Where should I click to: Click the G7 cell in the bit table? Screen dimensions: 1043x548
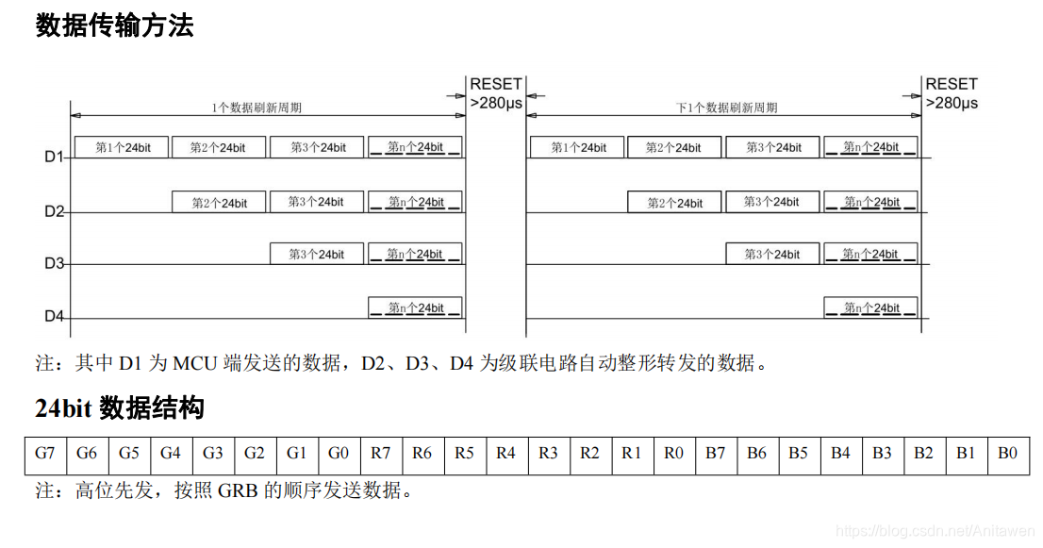click(x=45, y=453)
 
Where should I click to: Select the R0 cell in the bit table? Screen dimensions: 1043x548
click(x=673, y=453)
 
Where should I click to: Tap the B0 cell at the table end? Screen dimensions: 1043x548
click(x=1007, y=453)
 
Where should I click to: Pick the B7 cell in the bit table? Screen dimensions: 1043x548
click(x=716, y=453)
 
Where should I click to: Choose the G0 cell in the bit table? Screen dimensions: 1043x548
click(x=339, y=453)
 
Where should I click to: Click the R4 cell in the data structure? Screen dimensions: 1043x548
click(x=505, y=453)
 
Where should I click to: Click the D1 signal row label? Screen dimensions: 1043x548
click(x=53, y=157)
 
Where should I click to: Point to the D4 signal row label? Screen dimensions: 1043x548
click(x=53, y=317)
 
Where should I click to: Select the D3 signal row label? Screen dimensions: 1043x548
click(x=53, y=263)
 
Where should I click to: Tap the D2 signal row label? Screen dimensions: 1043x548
click(x=53, y=210)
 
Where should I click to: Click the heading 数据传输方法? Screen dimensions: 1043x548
click(x=114, y=25)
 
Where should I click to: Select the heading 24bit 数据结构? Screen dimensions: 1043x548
click(x=119, y=408)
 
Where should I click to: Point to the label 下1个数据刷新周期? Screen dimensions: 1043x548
click(x=726, y=108)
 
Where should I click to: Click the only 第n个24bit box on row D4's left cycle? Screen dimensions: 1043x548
click(x=415, y=307)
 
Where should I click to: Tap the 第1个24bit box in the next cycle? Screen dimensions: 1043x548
click(x=577, y=147)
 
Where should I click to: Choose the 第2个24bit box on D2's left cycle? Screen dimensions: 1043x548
click(x=219, y=202)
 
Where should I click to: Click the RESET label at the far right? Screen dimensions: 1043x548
click(x=951, y=84)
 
